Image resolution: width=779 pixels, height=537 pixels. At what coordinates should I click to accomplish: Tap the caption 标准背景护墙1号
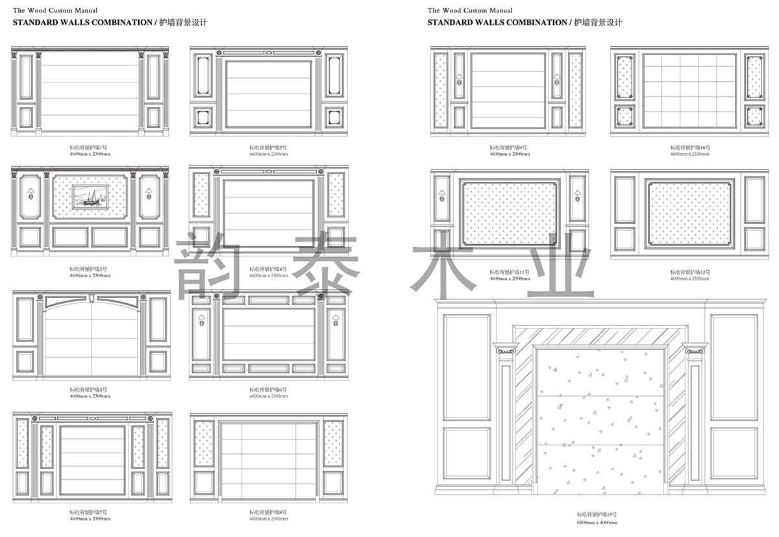(90, 149)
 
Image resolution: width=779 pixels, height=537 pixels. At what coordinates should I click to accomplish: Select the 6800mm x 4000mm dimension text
(597, 523)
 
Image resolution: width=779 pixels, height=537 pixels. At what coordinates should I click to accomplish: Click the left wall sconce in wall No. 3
(30, 194)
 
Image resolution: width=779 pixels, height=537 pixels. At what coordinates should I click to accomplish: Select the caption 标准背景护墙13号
(597, 515)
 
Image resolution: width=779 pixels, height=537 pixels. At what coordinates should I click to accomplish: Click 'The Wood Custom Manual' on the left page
(55, 10)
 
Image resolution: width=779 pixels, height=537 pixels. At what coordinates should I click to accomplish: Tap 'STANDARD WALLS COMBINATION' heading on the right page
(497, 22)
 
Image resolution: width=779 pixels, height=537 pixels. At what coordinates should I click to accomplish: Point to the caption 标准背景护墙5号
(90, 389)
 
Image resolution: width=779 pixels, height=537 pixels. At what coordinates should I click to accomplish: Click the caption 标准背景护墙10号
(690, 148)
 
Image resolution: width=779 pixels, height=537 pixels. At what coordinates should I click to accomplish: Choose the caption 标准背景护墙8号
(269, 512)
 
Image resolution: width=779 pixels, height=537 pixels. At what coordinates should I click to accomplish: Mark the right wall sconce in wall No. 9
(557, 80)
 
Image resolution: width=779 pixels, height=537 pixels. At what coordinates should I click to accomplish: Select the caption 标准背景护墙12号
(690, 271)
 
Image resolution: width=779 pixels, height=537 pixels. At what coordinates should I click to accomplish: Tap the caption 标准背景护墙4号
(269, 268)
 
